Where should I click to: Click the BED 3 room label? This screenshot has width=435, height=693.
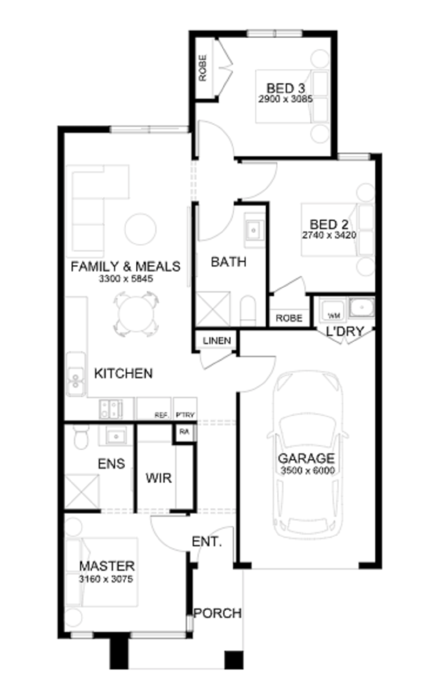pyautogui.click(x=285, y=88)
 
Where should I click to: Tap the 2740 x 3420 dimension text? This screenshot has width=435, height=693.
pyautogui.click(x=329, y=235)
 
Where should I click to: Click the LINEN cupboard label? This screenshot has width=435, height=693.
pyautogui.click(x=217, y=341)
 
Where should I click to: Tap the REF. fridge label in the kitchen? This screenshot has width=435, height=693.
pyautogui.click(x=161, y=415)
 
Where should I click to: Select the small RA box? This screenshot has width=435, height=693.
pyautogui.click(x=184, y=432)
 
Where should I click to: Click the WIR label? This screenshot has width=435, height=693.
pyautogui.click(x=159, y=478)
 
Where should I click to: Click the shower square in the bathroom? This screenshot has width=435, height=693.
pyautogui.click(x=213, y=309)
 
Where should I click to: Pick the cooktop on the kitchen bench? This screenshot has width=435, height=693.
pyautogui.click(x=111, y=409)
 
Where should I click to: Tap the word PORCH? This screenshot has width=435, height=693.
pyautogui.click(x=217, y=613)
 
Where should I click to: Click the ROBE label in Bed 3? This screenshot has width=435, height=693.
pyautogui.click(x=202, y=68)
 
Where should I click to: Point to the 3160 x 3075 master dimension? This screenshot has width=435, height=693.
pyautogui.click(x=106, y=579)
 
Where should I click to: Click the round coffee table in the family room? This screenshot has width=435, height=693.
pyautogui.click(x=140, y=229)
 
